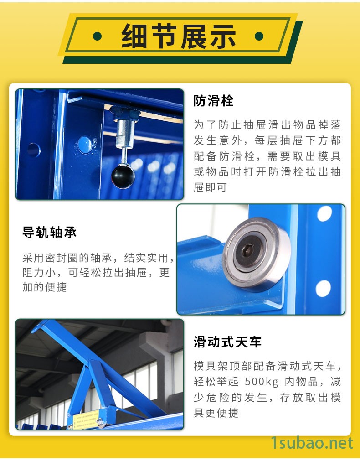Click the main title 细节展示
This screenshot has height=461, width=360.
click(178, 36)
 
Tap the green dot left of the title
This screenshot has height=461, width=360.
click(97, 36)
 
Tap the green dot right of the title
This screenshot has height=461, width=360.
click(259, 36)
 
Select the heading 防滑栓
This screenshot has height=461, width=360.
click(214, 101)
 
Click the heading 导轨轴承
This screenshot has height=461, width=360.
click(49, 232)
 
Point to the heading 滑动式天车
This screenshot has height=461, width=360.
click(227, 342)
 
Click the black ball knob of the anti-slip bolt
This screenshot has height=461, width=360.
click(123, 176)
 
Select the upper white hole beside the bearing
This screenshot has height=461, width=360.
click(324, 214)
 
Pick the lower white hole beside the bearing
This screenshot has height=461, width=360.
click(323, 289)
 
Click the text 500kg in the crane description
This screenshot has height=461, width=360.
click(262, 382)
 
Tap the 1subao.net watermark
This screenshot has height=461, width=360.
click(312, 443)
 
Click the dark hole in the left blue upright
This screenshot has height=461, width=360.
click(34, 150)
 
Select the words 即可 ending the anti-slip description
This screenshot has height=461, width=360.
click(216, 187)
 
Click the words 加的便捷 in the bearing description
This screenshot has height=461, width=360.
click(45, 287)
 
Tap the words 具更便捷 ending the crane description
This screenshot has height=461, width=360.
click(216, 413)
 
